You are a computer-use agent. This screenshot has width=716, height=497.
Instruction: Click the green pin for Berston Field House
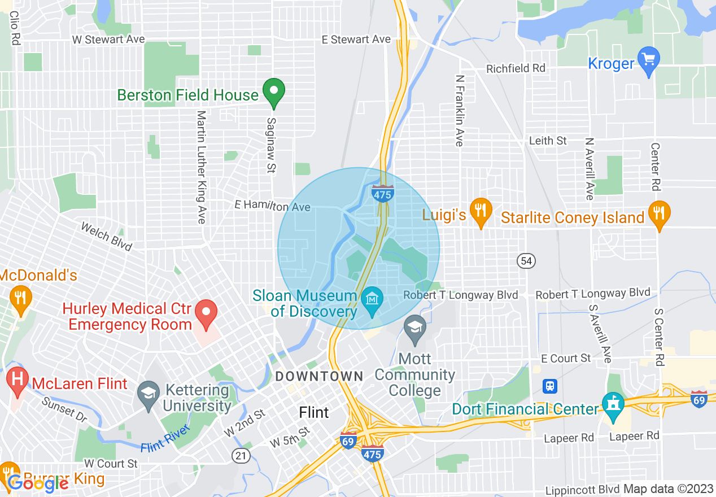click(274, 92)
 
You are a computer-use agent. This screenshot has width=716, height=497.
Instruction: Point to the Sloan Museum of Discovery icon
click(372, 298)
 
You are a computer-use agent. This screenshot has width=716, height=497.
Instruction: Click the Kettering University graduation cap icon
click(149, 393)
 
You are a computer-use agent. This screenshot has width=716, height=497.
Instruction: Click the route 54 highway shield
click(526, 260)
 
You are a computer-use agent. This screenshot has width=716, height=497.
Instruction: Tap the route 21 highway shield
click(238, 454)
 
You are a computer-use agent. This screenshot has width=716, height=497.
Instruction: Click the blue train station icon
click(549, 386)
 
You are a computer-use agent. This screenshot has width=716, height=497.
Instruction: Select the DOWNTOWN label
click(319, 376)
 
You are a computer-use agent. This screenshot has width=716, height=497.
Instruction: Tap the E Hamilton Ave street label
click(273, 207)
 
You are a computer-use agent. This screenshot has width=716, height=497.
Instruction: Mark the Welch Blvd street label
click(106, 236)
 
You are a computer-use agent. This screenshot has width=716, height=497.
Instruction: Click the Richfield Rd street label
click(516, 68)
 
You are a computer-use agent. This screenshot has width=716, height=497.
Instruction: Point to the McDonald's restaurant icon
click(21, 297)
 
